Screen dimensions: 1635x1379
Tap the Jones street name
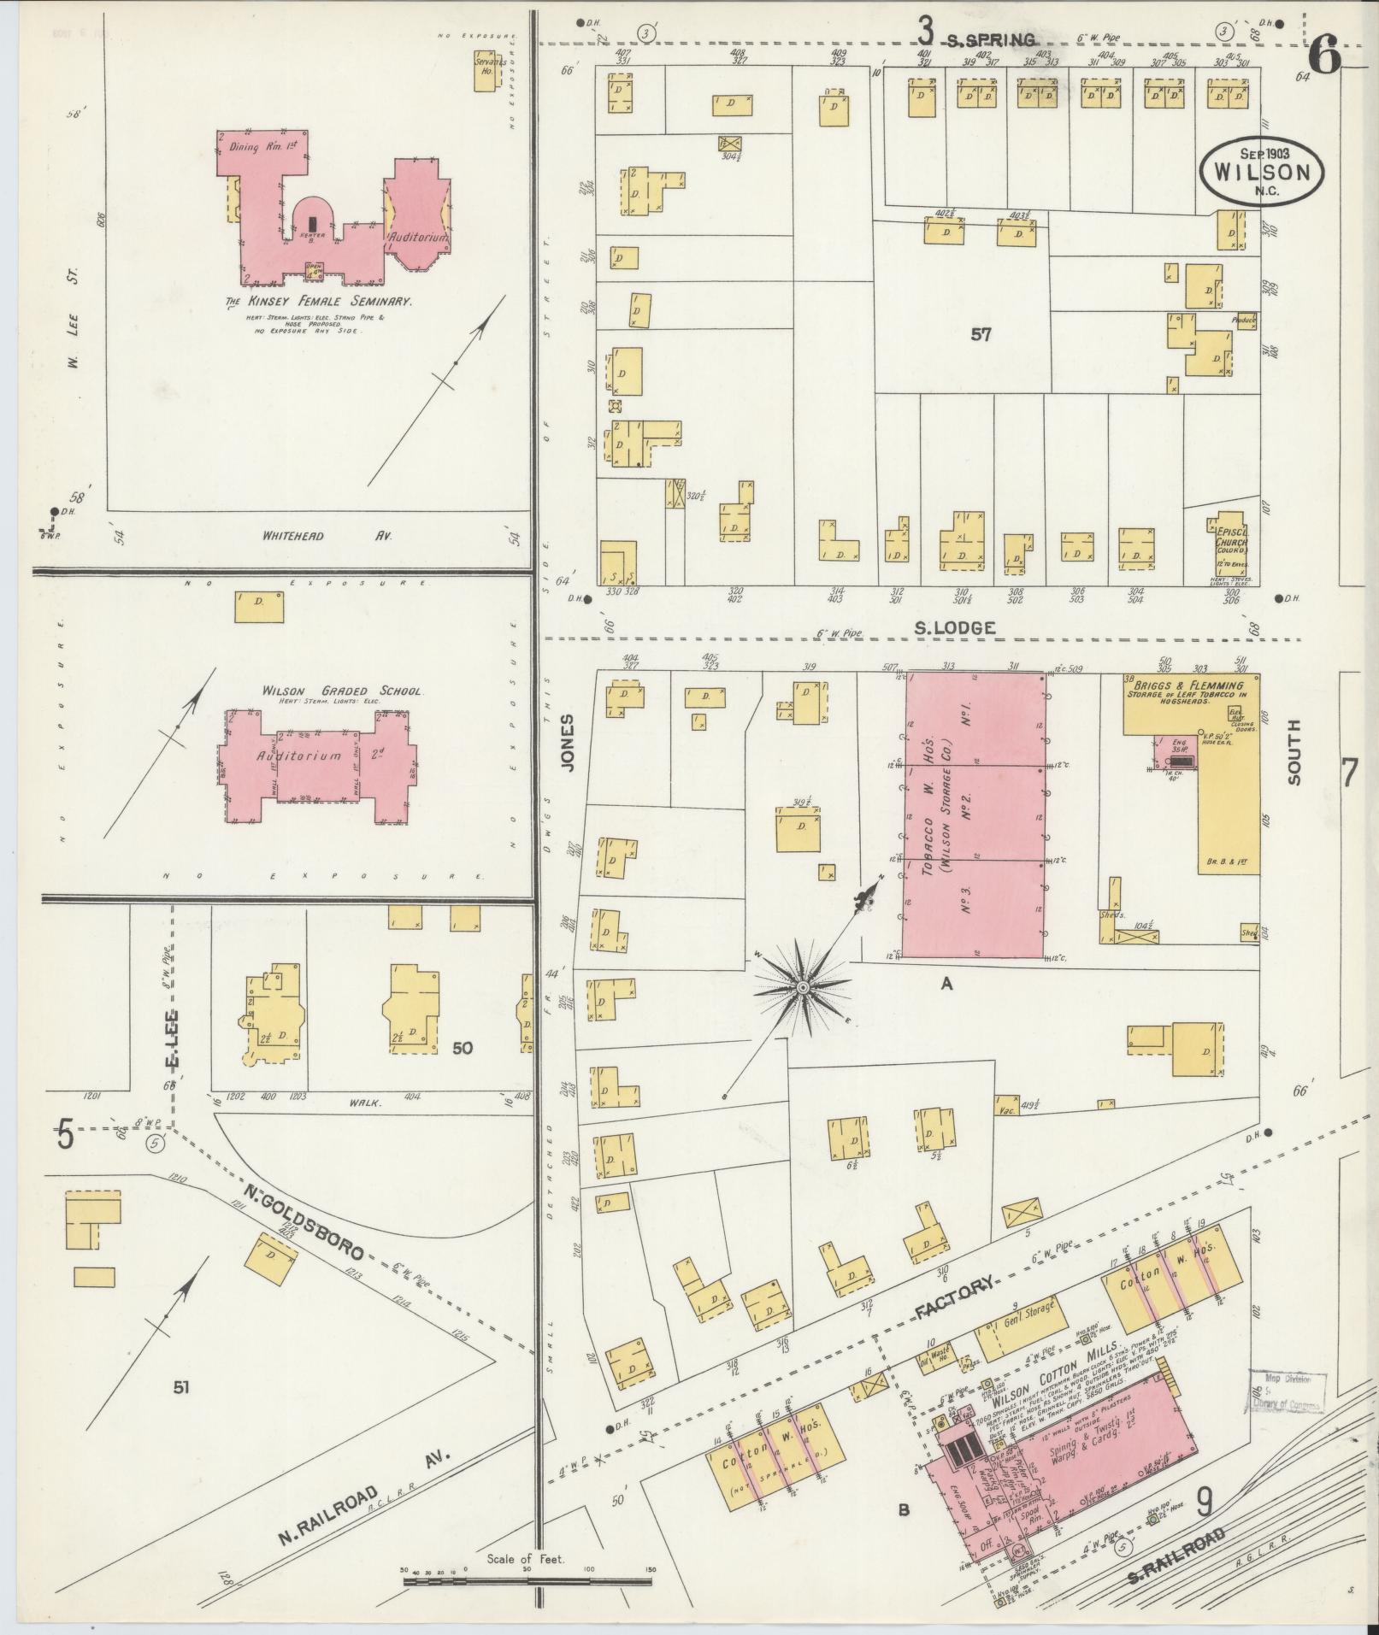coord(565,744)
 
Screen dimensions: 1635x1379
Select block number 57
coord(980,335)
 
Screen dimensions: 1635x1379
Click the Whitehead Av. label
coord(324,536)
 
